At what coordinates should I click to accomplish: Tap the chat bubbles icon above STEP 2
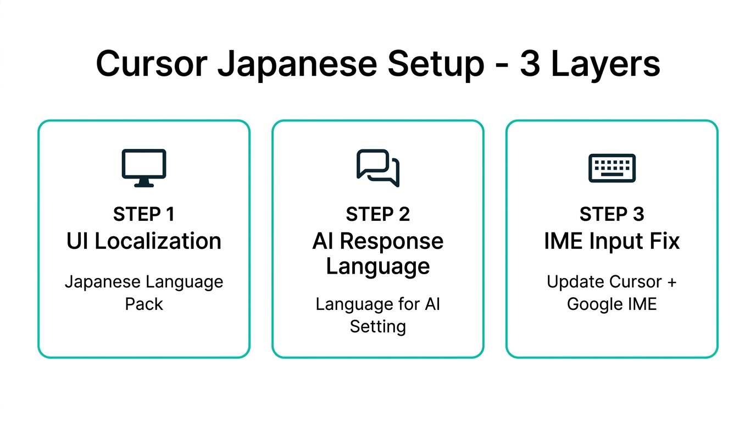[378, 168]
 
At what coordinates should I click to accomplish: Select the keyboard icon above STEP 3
[612, 168]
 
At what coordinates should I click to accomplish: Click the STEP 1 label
[144, 214]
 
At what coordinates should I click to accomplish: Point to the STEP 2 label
[378, 214]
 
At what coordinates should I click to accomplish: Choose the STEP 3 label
[612, 214]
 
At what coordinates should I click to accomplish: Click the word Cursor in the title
[152, 64]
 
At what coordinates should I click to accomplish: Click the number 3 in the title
[530, 64]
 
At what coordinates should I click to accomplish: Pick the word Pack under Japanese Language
[144, 304]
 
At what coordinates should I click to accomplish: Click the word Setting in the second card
[378, 326]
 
